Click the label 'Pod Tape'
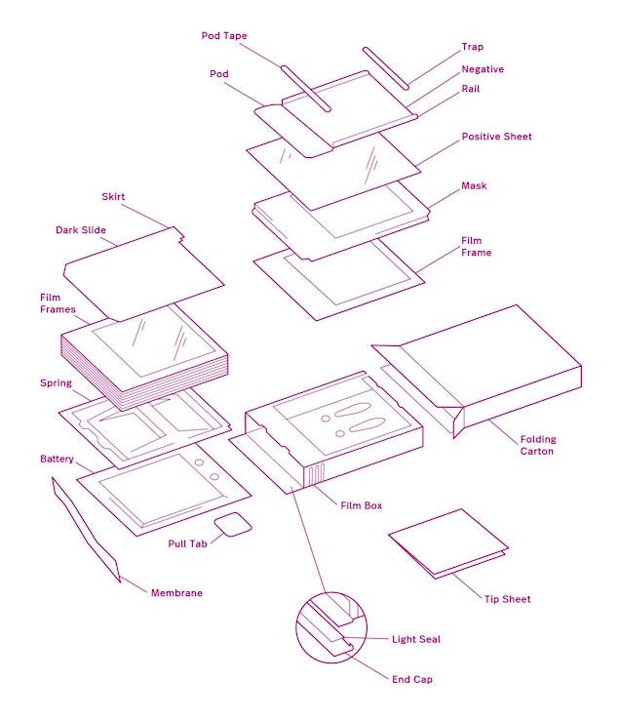[x=224, y=36]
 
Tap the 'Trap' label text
[x=473, y=47]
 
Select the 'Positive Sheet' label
[x=496, y=136]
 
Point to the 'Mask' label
[x=474, y=185]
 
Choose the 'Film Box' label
[x=362, y=505]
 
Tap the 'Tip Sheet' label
[x=508, y=599]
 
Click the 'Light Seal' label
[x=416, y=639]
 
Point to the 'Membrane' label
[x=176, y=592]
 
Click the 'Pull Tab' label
[x=185, y=541]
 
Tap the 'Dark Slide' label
[x=80, y=231]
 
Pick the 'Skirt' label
[x=114, y=197]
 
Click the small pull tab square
[x=234, y=525]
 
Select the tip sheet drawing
[x=448, y=542]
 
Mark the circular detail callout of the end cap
[x=330, y=623]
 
